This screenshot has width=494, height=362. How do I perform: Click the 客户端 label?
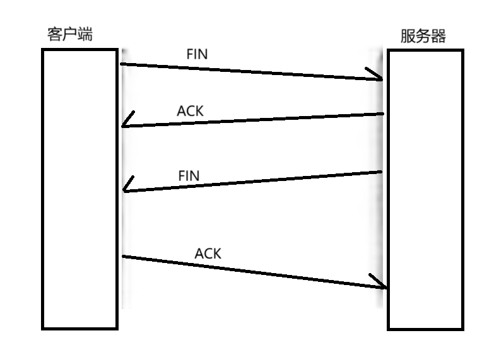pyautogui.click(x=69, y=35)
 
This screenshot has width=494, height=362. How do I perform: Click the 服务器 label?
pyautogui.click(x=423, y=37)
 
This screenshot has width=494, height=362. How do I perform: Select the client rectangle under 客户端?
pyautogui.click(x=80, y=189)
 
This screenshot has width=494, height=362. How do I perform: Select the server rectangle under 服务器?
pyautogui.click(x=425, y=189)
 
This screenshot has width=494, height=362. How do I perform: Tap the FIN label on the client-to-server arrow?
pyautogui.click(x=197, y=54)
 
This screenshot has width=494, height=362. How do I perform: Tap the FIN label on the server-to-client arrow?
pyautogui.click(x=189, y=176)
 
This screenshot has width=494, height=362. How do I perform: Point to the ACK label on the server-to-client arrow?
pyautogui.click(x=191, y=111)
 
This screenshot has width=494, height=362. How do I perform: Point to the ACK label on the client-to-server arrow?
pyautogui.click(x=208, y=254)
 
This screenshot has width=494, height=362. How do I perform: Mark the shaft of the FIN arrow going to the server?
pyautogui.click(x=252, y=71)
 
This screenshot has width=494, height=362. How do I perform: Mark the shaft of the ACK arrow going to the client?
pyautogui.click(x=252, y=120)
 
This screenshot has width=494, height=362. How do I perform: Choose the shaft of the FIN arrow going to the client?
pyautogui.click(x=252, y=181)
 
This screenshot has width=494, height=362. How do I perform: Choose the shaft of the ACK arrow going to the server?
pyautogui.click(x=252, y=272)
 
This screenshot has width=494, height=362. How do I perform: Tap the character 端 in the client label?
pyautogui.click(x=85, y=35)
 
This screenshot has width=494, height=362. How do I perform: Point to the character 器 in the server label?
pyautogui.click(x=438, y=37)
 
